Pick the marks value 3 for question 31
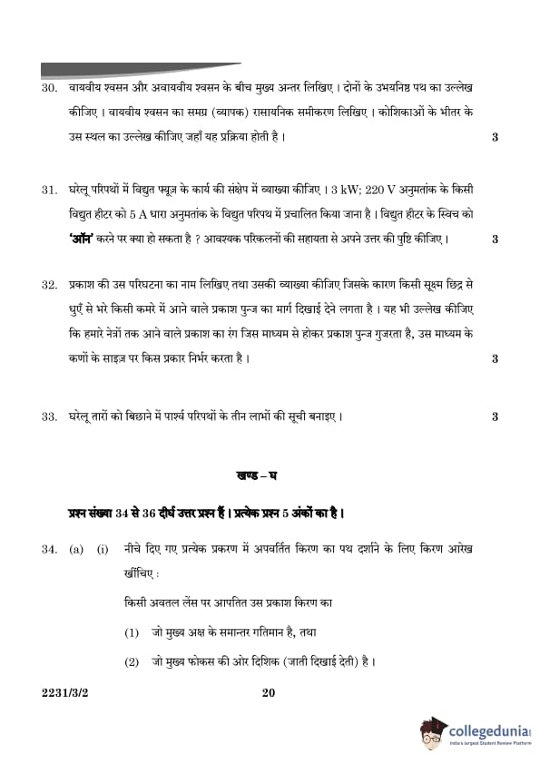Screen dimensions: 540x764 (495, 240)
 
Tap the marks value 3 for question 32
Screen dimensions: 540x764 (495, 358)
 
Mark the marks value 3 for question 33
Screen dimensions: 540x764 (495, 417)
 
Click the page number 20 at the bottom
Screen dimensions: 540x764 (268, 694)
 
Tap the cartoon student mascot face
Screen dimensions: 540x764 (434, 732)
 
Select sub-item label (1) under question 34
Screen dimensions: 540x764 (132, 632)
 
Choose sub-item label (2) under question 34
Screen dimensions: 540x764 (132, 661)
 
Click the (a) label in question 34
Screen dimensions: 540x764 (76, 550)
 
